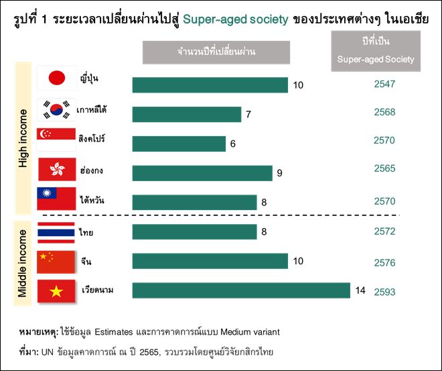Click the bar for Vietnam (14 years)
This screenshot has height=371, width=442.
[x=241, y=290]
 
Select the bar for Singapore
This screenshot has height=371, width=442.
[x=179, y=144]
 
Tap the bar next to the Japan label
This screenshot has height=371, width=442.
[x=210, y=85]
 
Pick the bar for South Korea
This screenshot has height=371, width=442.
[x=186, y=115]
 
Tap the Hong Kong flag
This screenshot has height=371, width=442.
[x=56, y=168]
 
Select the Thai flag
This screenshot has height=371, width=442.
[x=56, y=232]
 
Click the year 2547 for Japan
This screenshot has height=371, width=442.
[x=385, y=85]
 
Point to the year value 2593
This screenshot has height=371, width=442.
[x=385, y=292]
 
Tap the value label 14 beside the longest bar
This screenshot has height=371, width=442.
[x=360, y=290]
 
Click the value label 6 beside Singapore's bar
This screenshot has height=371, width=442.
[x=233, y=144]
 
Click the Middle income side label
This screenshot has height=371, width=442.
[x=23, y=263]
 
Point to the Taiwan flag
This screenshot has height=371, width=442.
[x=56, y=199]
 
